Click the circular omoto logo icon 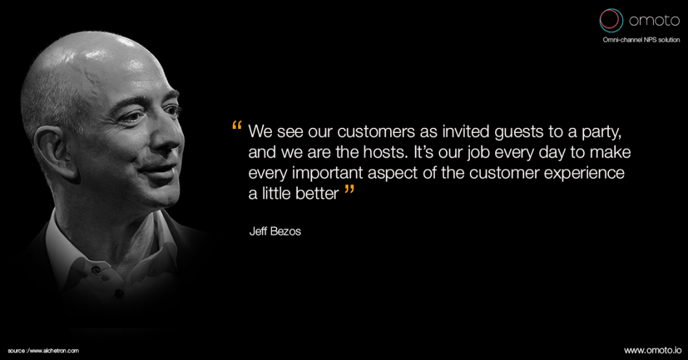coord(611,20)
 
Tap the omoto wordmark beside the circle coord(654,20)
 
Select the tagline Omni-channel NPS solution coord(641,40)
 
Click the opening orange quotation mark coord(237,126)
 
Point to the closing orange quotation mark coord(349,190)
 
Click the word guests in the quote coord(519,132)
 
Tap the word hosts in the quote coord(388,152)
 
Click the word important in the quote coord(328,173)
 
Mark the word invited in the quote coord(465,132)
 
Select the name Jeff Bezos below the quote coord(275,231)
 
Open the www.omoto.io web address coord(652,350)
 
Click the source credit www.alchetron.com coord(43,351)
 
